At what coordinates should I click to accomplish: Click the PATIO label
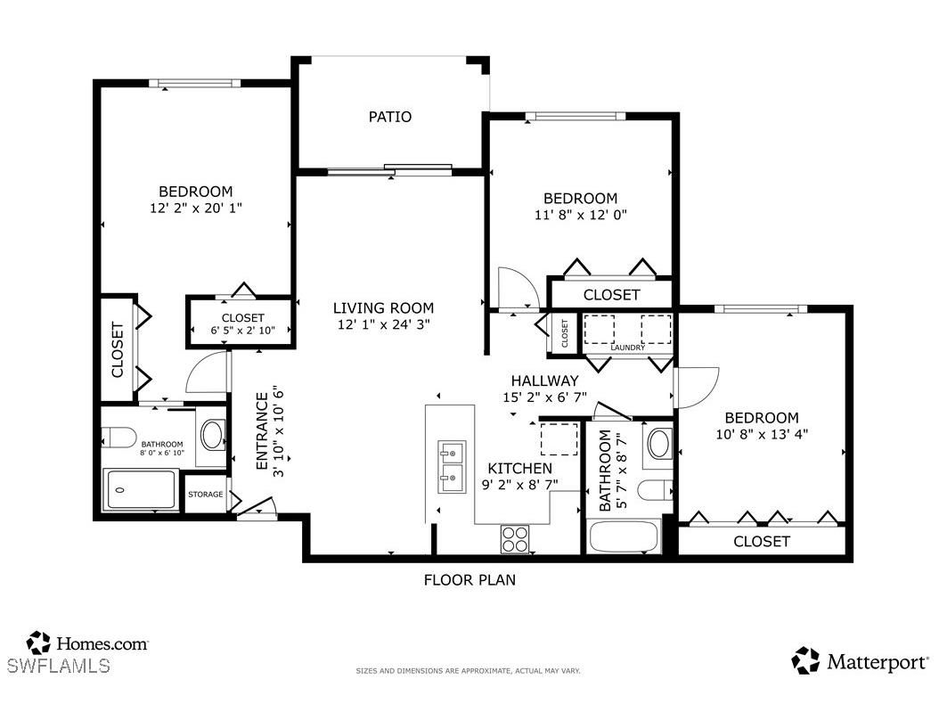390,117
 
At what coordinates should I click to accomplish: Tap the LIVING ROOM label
383,308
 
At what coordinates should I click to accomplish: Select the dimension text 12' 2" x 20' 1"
196,208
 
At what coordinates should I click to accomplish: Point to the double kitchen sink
451,466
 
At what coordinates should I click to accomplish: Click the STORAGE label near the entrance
205,495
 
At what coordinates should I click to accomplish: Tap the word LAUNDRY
627,348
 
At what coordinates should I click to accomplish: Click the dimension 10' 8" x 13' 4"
761,435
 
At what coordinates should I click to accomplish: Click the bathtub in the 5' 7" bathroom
624,537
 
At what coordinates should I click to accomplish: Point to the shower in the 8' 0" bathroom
142,489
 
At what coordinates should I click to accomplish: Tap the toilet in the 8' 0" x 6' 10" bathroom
117,438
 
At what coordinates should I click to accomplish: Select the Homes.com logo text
102,643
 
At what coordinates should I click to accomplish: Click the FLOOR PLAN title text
469,580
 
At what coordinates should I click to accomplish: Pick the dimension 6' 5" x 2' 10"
242,331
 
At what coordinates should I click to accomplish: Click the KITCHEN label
519,469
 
